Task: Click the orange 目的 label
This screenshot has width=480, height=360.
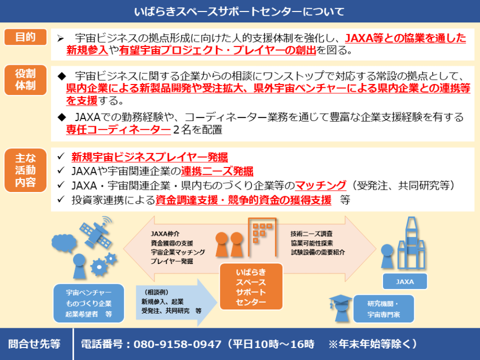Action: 26,37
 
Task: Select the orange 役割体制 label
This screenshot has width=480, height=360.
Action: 26,80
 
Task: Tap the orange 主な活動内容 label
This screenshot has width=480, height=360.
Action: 26,170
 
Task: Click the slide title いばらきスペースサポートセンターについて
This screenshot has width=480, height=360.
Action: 239,11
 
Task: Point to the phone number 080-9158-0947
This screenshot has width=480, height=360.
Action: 177,344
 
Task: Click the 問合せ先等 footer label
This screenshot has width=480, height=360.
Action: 34,344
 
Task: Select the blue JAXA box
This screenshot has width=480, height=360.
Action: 405,281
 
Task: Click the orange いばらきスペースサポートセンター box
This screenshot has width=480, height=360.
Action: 251,286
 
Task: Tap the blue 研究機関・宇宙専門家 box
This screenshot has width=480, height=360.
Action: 383,309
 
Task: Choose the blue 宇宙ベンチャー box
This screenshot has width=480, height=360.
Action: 89,303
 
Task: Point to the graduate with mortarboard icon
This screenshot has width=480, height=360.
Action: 340,308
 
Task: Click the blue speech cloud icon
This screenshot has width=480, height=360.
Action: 64,243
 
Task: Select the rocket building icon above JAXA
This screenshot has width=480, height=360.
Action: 412,243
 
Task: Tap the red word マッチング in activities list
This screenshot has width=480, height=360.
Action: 320,186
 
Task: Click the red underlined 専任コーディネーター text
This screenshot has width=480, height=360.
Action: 118,129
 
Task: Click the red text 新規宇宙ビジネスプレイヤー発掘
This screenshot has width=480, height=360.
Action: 149,157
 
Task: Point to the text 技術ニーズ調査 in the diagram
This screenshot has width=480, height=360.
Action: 311,234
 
